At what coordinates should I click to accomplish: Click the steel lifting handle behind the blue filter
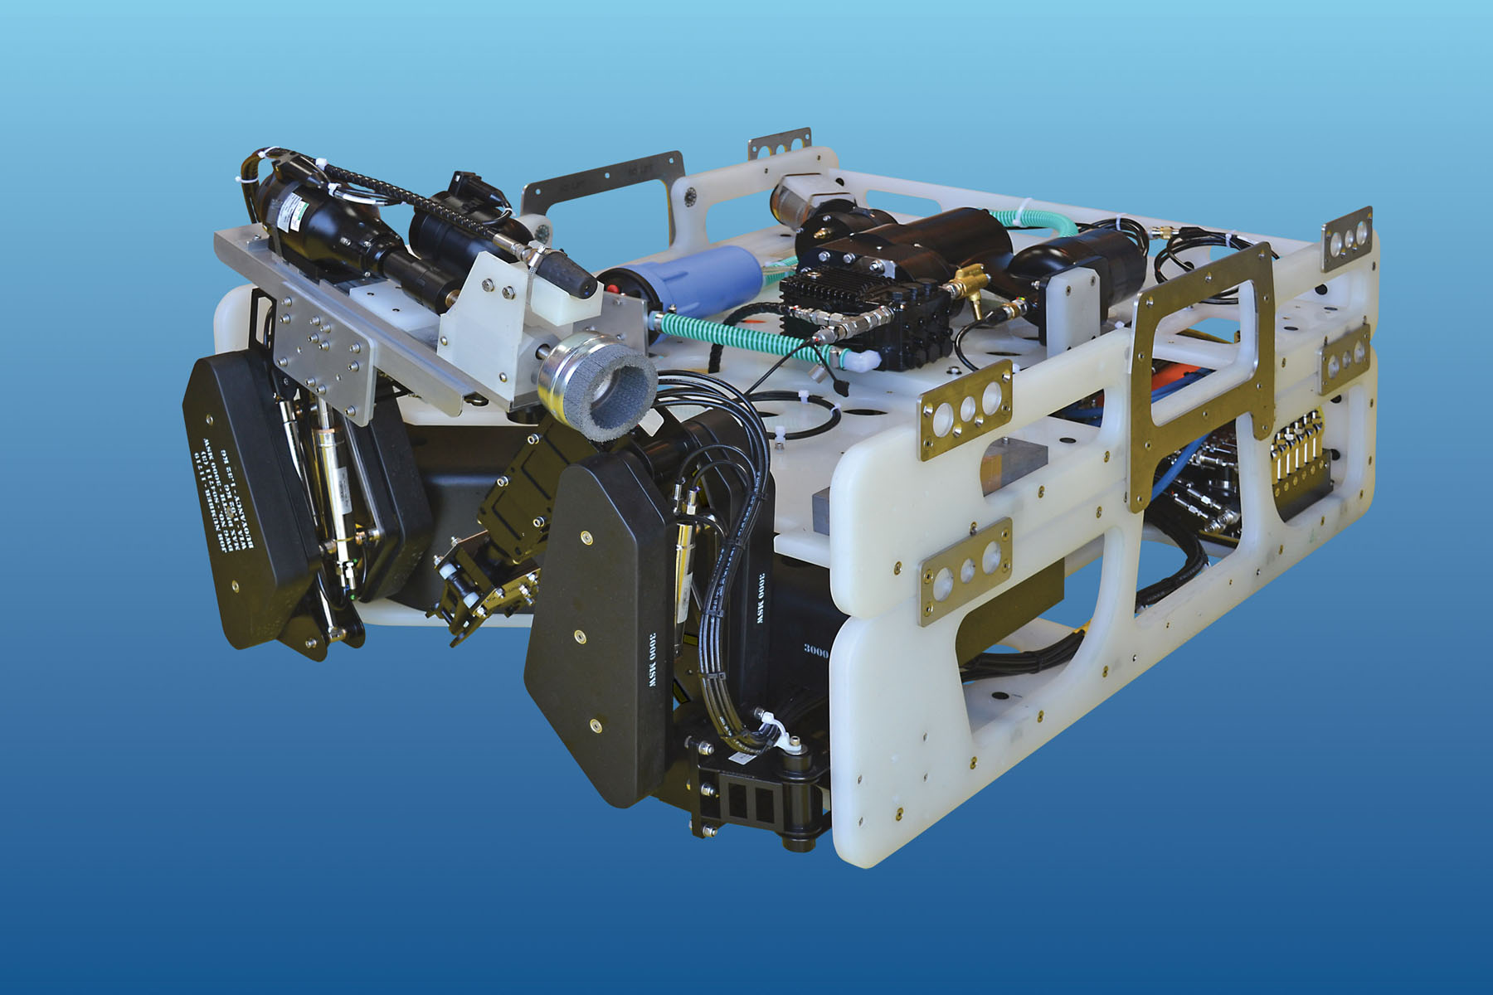[605, 187]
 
